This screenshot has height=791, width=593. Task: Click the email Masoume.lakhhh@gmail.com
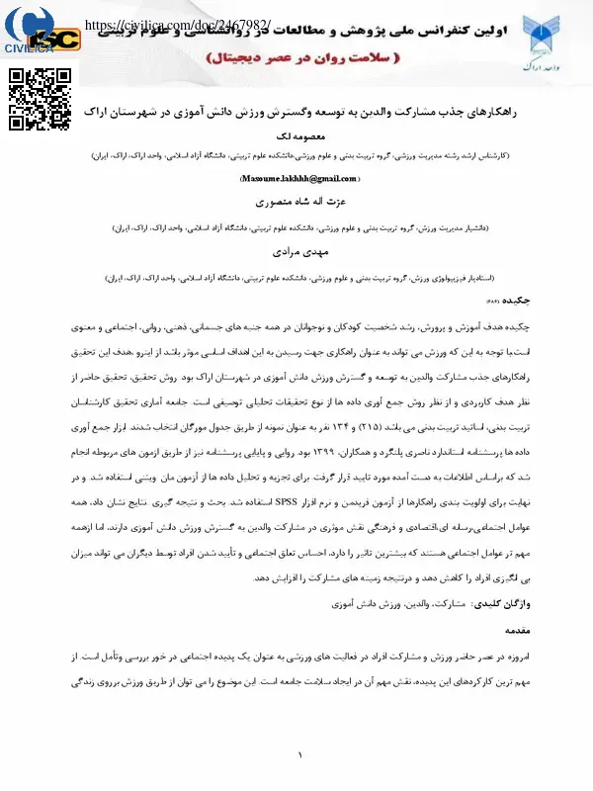click(297, 178)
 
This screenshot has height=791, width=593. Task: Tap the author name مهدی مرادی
click(297, 252)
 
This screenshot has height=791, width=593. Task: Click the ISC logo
click(65, 40)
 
